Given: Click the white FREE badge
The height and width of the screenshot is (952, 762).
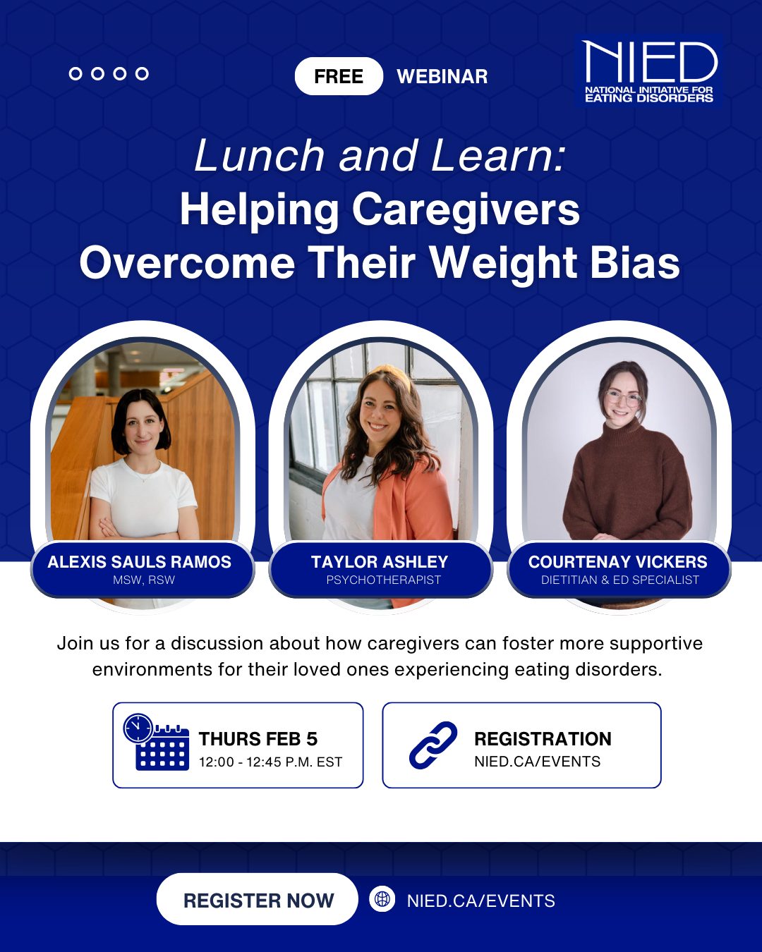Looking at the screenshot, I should [339, 76].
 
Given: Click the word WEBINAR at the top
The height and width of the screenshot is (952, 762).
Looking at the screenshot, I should [442, 76].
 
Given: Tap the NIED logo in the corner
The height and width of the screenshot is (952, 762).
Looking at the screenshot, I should [649, 71].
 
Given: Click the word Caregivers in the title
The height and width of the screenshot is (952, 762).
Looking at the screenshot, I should [466, 210].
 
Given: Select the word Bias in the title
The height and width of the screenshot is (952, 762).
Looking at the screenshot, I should [634, 263].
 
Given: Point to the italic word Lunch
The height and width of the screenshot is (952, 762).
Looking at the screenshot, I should [259, 155].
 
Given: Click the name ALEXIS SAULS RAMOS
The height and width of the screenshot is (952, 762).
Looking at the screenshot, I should [140, 562].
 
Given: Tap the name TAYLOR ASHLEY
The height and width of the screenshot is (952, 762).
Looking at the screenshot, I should [380, 562].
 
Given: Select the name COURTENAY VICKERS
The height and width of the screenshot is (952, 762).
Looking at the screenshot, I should [618, 562].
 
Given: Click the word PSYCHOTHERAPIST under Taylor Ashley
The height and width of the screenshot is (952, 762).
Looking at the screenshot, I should [383, 580].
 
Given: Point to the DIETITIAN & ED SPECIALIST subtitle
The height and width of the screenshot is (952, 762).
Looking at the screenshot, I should [620, 580].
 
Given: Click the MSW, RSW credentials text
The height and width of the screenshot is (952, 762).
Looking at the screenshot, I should [144, 580].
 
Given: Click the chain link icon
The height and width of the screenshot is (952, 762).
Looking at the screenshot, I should [433, 745].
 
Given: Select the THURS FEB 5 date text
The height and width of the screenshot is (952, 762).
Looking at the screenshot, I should [258, 738].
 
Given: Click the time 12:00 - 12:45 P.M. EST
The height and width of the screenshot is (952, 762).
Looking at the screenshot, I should [270, 762].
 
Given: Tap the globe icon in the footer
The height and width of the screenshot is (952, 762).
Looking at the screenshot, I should [382, 899].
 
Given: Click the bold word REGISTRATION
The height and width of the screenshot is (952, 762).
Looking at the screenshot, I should [543, 738].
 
